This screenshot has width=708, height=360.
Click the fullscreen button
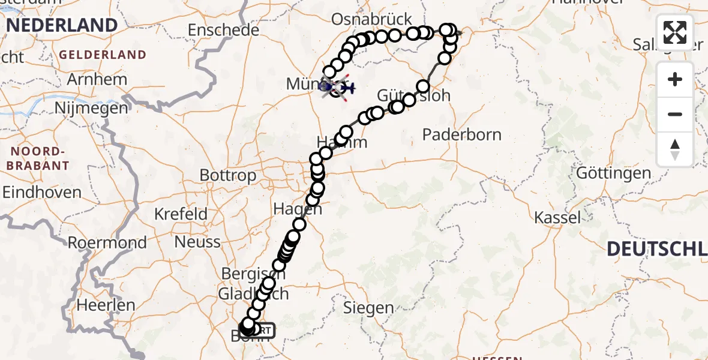(675, 32)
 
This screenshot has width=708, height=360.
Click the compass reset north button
(675, 149)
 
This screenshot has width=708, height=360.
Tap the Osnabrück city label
(372, 19)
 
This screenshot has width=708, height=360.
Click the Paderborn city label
(461, 134)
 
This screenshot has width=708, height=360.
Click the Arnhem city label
(97, 79)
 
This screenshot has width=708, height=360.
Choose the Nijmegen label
(91, 108)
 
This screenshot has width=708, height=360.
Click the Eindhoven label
(42, 193)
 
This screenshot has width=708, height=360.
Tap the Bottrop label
(227, 176)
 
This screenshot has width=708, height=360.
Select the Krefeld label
(181, 214)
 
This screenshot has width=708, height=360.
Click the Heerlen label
(106, 305)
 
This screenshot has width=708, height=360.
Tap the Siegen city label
(368, 308)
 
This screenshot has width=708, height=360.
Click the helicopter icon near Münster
(346, 89)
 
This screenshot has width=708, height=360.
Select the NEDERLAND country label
(62, 25)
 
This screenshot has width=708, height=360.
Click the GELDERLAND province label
(102, 55)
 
